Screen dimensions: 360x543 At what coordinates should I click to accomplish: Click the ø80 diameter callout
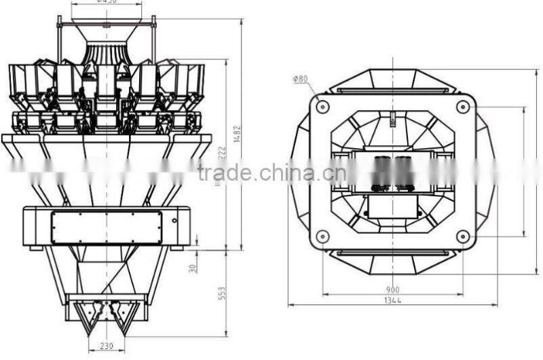pos(300,79)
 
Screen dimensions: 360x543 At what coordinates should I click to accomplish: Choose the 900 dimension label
pos(392,288)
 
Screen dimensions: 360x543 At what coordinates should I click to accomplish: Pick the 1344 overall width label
pos(392,300)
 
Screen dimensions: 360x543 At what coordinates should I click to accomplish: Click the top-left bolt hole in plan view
pos(322,107)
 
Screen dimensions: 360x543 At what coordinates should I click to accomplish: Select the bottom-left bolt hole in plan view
pos(322,236)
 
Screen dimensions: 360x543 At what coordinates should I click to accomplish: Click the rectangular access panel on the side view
pos(107,226)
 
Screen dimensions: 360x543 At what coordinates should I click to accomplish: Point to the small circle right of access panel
pos(174,220)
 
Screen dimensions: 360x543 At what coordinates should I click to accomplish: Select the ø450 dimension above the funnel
pos(107,3)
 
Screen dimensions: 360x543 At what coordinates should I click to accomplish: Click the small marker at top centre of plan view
pos(392,122)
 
